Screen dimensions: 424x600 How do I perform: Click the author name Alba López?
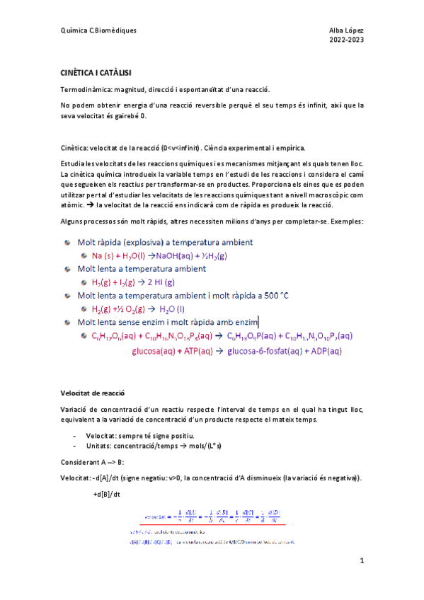pyautogui.click(x=346, y=31)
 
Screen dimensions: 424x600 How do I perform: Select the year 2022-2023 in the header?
pyautogui.click(x=346, y=41)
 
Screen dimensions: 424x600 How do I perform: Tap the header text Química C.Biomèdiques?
pyautogui.click(x=98, y=31)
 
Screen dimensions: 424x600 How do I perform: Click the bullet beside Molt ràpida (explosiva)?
pyautogui.click(x=67, y=242)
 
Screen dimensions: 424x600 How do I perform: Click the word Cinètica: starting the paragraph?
pyautogui.click(x=77, y=148)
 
